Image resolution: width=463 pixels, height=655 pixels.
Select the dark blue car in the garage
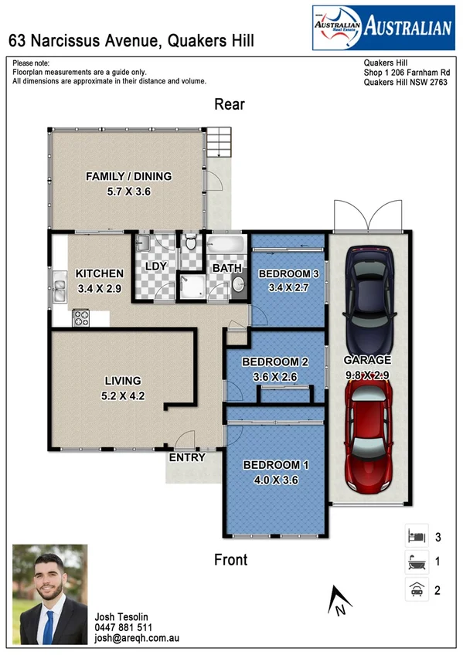(x=368, y=297)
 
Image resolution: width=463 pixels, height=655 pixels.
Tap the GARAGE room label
(x=368, y=360)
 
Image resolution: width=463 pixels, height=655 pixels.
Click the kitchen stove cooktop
(x=80, y=317)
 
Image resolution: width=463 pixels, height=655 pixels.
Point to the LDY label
(x=156, y=267)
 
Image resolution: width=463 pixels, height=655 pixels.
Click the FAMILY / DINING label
(x=128, y=176)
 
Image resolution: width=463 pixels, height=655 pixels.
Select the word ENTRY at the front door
(x=187, y=457)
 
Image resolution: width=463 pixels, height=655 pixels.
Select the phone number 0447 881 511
(x=124, y=628)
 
